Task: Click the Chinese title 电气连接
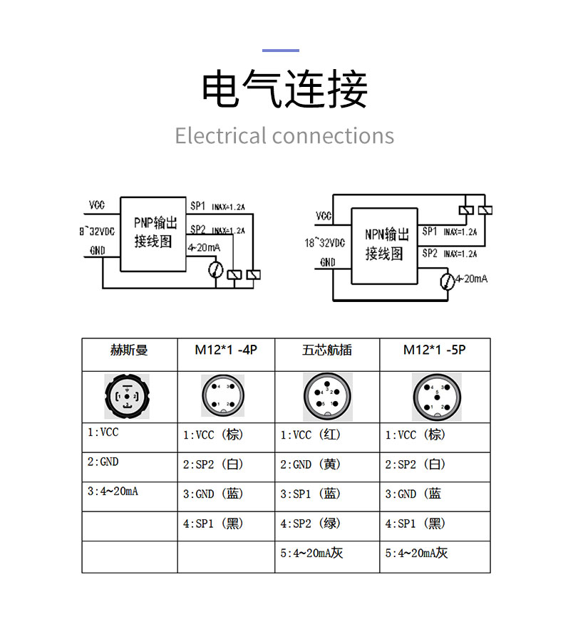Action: (284, 90)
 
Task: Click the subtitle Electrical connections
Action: (284, 135)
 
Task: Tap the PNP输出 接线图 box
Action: (153, 233)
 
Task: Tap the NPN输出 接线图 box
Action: (385, 244)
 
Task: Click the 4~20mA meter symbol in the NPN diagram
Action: (447, 281)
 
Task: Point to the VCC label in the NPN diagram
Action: (324, 216)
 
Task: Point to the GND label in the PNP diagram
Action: (97, 251)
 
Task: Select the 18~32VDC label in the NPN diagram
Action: (324, 243)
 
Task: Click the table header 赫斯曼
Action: (129, 350)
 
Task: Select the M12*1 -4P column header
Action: (225, 350)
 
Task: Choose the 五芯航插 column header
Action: (326, 350)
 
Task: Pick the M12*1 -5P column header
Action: (434, 350)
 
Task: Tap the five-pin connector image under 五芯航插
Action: (327, 397)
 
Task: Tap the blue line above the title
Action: (281, 51)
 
